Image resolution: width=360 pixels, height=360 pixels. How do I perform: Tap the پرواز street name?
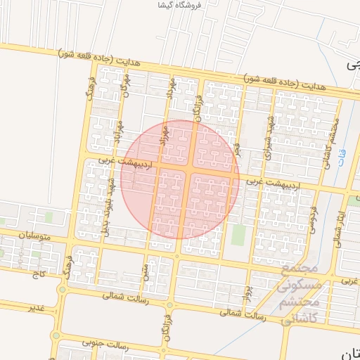pos(247,292)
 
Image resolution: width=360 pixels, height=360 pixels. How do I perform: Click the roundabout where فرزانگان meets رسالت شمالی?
pos(169,306)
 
